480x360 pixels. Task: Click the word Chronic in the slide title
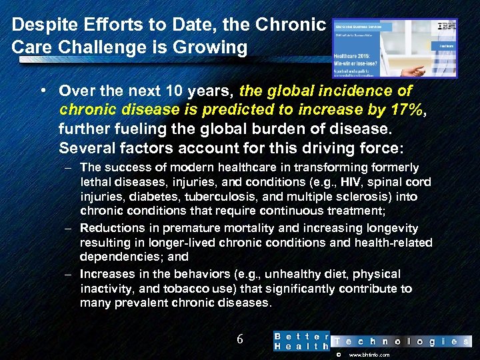(291, 25)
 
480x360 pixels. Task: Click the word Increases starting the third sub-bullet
(107, 274)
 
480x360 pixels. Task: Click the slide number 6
(241, 339)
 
